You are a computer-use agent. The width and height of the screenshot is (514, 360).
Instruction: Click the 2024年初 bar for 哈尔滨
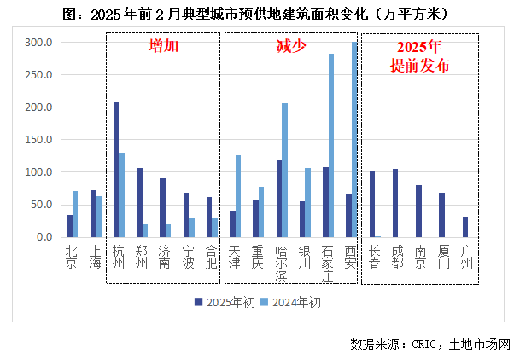(x=284, y=170)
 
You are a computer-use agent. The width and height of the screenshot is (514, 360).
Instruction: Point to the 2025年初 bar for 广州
(x=465, y=227)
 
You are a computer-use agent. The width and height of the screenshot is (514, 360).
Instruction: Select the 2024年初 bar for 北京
(x=75, y=214)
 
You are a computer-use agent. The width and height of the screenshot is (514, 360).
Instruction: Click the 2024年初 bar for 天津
(x=238, y=196)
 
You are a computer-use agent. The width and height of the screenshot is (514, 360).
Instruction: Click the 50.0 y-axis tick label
(x=42, y=205)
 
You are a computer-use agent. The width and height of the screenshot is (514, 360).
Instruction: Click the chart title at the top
(x=257, y=14)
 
